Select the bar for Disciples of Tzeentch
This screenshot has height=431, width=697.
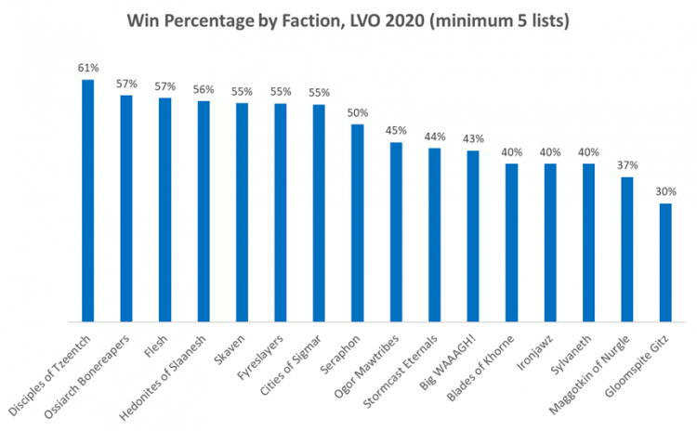[x=88, y=200]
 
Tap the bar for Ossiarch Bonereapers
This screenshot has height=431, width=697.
[x=126, y=208]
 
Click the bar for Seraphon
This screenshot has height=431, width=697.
[x=358, y=223]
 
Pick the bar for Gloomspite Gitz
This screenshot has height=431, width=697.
[x=665, y=262]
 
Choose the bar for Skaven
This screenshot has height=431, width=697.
[x=242, y=212]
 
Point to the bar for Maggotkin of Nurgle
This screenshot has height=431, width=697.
[x=627, y=249]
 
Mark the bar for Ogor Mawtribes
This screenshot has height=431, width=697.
[x=396, y=232]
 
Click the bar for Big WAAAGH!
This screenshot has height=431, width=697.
[x=473, y=236]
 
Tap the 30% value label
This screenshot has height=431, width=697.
[x=665, y=192]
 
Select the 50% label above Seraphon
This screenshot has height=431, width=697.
[x=358, y=113]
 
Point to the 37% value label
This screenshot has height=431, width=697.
[x=627, y=166]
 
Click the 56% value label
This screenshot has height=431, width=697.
[x=204, y=89]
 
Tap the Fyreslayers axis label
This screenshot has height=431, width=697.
[x=264, y=352]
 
